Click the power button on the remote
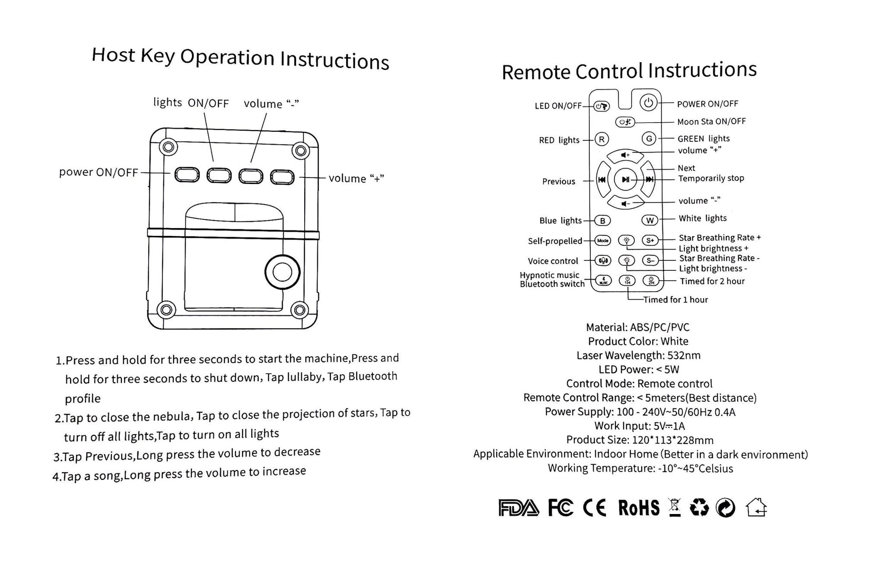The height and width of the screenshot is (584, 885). coord(649,103)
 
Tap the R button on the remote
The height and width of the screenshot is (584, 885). coord(602,140)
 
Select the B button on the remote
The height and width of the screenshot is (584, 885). coord(603,221)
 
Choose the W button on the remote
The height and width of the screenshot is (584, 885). coord(650,220)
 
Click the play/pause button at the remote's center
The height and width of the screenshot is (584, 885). coord(626,180)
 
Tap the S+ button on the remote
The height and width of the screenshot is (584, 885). coord(650,240)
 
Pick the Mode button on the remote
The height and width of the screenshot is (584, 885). coord(603,240)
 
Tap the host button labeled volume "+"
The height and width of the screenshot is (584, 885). coord(282,177)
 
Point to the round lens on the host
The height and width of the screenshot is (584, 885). coord(282,272)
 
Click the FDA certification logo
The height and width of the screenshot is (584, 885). coord(518,508)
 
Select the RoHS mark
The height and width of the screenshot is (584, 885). coord(639,508)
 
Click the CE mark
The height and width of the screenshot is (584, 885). coord(594,508)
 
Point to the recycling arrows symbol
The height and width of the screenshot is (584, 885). coord(699,508)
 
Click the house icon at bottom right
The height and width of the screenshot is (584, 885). coord(756,508)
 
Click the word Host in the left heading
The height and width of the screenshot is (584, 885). coord(113,55)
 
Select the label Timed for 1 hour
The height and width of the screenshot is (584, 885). coord(675,300)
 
